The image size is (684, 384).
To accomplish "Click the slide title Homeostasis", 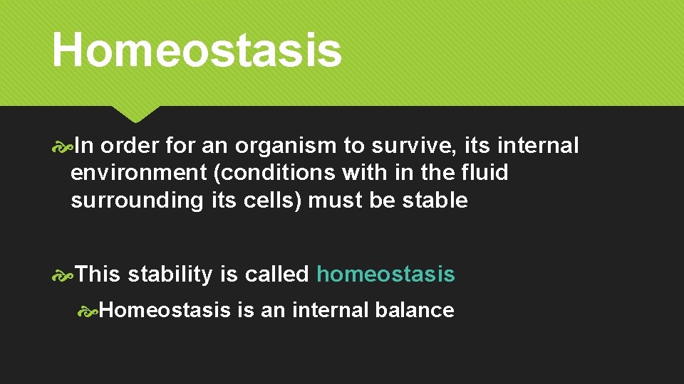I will coord(197,50).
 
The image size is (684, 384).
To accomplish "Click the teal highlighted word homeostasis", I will coord(385,274).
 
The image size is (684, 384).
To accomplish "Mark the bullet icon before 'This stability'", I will coord(63,274).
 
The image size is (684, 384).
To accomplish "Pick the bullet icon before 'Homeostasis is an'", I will coord(89,311).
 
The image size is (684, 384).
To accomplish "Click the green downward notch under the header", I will coord(135,114).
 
